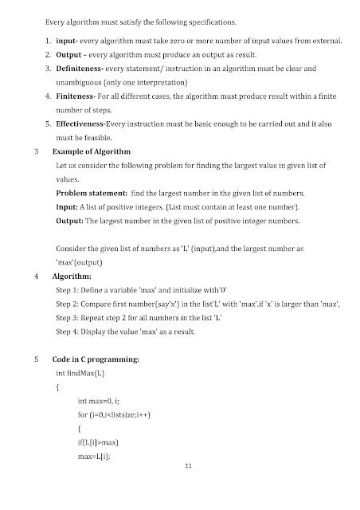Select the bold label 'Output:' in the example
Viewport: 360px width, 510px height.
(x=72, y=220)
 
